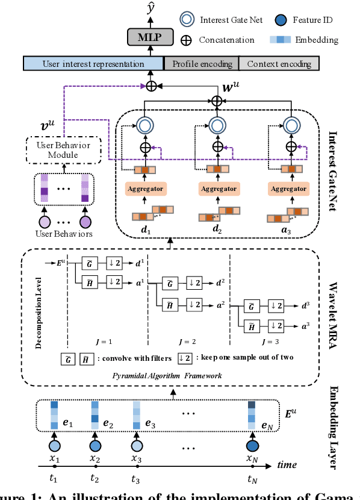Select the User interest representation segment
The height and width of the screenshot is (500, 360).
93,63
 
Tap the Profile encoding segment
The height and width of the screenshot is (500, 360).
201,63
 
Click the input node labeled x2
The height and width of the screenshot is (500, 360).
95,446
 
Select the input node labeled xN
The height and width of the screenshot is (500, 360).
252,446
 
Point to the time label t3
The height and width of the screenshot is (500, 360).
136,480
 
